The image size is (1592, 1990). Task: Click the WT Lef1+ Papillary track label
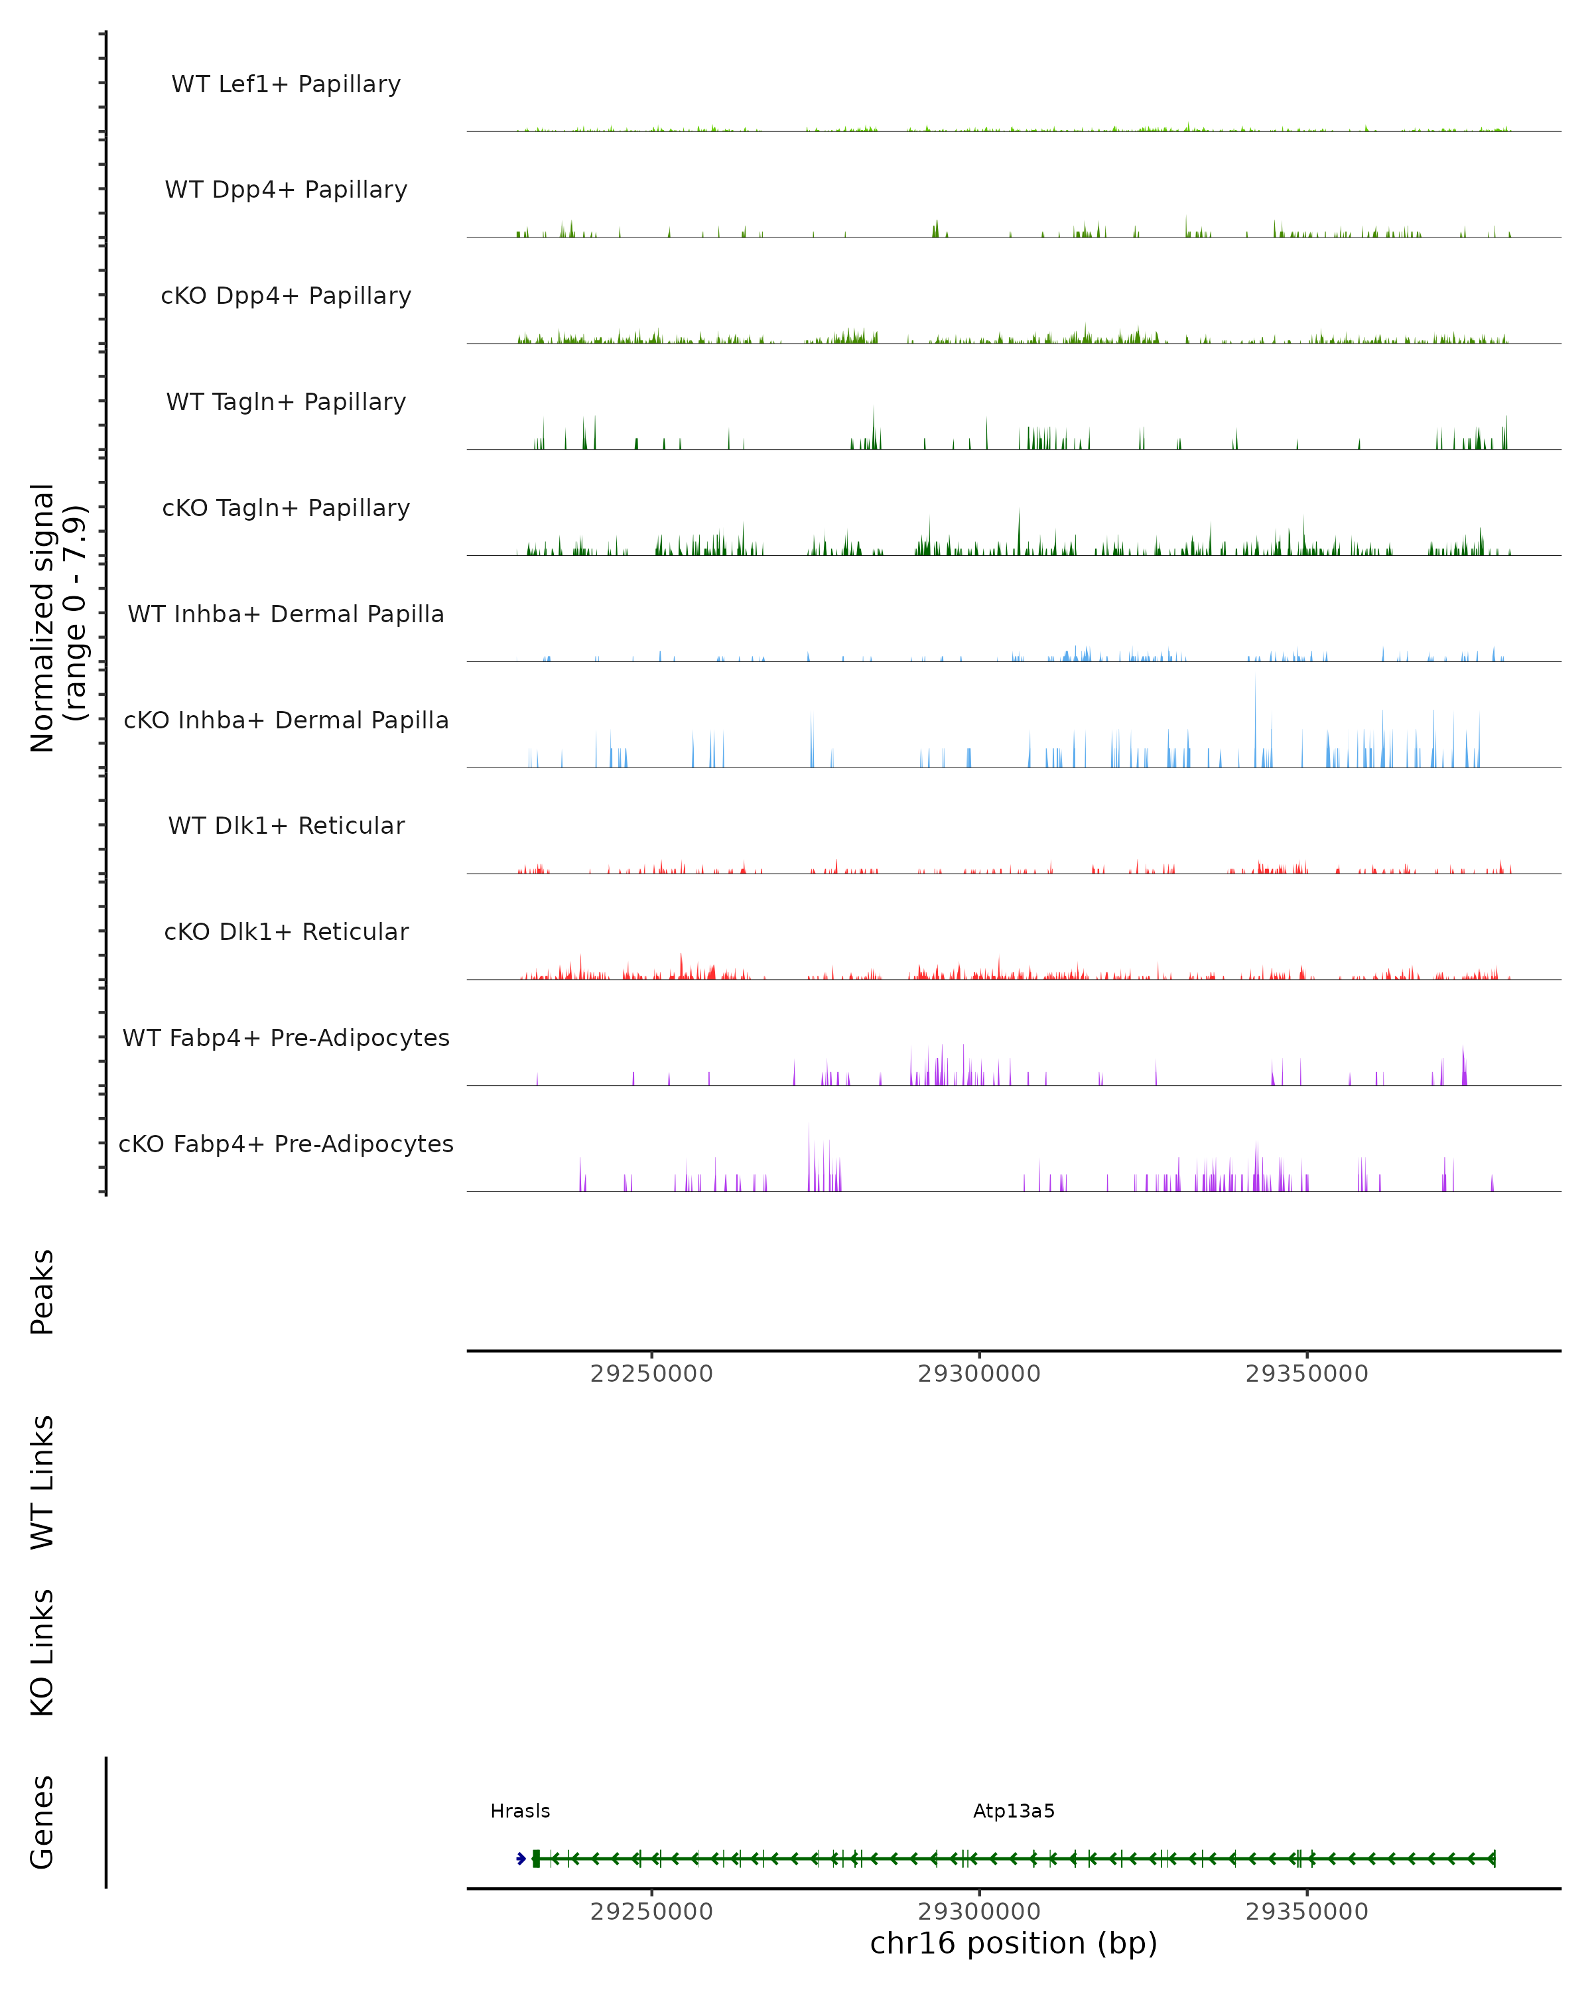(286, 84)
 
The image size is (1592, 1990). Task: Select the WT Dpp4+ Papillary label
(286, 190)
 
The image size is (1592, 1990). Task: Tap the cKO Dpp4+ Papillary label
(286, 297)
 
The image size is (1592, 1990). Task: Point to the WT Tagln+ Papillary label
(286, 403)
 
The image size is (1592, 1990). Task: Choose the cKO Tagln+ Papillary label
(286, 509)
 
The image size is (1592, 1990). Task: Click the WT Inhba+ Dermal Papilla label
(286, 615)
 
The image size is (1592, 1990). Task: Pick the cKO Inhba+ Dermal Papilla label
(286, 721)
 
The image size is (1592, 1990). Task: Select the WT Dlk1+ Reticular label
(286, 826)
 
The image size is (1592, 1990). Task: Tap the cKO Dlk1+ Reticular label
(286, 932)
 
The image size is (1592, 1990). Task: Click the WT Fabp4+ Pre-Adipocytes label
(286, 1038)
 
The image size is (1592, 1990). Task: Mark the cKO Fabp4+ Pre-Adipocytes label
(286, 1144)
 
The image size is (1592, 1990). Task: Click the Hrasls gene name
(519, 1812)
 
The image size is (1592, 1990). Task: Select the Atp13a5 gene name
(1014, 1812)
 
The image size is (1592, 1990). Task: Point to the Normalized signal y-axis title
(57, 616)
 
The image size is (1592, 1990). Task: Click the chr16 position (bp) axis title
(1014, 1944)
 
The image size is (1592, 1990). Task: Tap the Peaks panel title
(42, 1292)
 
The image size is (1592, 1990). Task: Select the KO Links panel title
(42, 1652)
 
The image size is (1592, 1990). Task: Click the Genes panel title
(42, 1822)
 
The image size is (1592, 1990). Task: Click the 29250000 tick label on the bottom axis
(651, 1912)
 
